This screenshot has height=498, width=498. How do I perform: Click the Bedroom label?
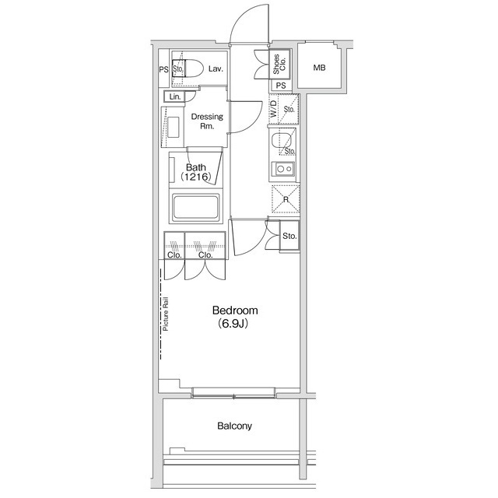[x=235, y=310]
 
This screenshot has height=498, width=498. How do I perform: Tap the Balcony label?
[x=234, y=426]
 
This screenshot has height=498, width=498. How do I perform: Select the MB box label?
[x=320, y=68]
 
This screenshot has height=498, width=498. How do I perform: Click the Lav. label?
[x=216, y=69]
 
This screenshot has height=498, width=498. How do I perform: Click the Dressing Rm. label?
[x=207, y=121]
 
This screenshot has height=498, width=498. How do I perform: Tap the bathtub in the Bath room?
[x=198, y=209]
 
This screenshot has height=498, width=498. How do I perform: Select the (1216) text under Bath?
[x=196, y=177]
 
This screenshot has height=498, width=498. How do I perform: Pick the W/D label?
[x=274, y=110]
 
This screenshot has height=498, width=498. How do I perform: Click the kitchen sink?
[x=282, y=142]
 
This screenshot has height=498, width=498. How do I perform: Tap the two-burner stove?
[x=282, y=170]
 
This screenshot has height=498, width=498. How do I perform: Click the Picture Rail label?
[x=167, y=314]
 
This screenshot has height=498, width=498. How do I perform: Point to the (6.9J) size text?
[x=233, y=324]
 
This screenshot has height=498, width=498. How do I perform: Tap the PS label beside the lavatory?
[x=163, y=69]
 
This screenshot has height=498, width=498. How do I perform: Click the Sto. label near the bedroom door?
[x=289, y=236]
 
